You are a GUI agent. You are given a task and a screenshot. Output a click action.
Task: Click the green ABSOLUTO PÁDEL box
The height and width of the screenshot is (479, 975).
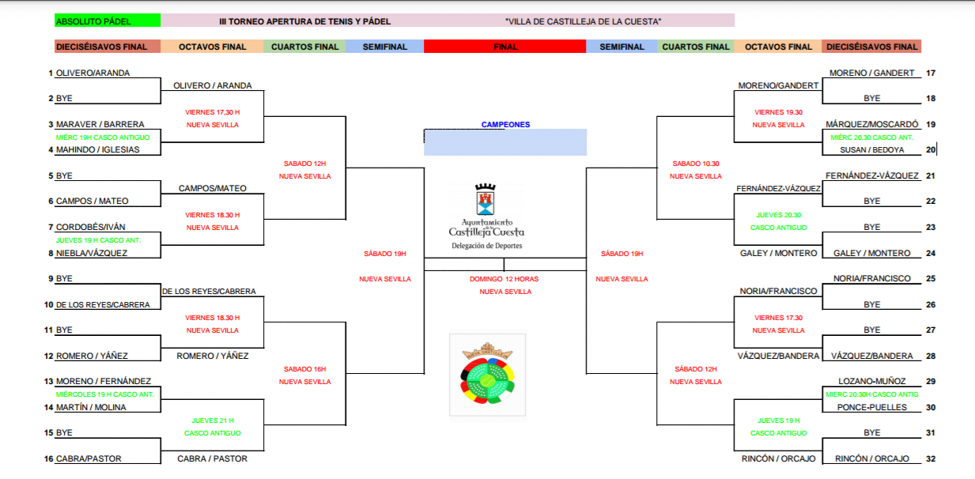(107, 21)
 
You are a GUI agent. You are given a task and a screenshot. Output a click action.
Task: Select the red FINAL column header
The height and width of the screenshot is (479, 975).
(505, 47)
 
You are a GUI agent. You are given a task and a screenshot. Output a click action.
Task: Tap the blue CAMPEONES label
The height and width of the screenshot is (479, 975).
(505, 125)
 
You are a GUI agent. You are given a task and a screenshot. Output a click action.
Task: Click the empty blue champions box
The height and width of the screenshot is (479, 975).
(505, 142)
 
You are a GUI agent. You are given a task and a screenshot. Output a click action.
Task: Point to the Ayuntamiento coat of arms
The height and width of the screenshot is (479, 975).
(486, 201)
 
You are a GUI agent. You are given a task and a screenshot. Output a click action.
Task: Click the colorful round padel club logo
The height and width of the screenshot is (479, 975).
(487, 375)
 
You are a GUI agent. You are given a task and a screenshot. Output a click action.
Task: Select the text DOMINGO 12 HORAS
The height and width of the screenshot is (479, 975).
(504, 279)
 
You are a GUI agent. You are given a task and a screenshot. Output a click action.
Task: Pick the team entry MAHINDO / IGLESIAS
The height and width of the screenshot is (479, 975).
(97, 149)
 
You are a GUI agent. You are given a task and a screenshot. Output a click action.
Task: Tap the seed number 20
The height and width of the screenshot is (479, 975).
(931, 149)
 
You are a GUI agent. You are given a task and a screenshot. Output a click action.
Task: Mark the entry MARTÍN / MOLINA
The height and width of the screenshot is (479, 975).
(91, 407)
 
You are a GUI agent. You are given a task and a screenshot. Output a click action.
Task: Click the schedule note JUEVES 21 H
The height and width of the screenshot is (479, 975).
(213, 421)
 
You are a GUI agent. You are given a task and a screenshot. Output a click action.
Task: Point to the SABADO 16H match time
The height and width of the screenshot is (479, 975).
(304, 369)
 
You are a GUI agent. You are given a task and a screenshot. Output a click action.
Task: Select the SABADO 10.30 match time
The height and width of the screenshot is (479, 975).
(695, 164)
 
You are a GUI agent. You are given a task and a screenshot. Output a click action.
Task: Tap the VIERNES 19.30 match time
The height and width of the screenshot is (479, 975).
(778, 112)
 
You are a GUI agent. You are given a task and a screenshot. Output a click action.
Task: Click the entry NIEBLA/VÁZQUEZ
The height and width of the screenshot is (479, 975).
(91, 253)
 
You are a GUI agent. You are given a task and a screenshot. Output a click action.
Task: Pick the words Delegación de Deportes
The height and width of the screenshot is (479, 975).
(486, 246)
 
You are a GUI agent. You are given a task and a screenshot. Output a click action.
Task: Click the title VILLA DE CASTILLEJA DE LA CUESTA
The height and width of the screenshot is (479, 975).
(582, 21)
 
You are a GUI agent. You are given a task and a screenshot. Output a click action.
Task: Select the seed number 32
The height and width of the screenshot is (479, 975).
(931, 458)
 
